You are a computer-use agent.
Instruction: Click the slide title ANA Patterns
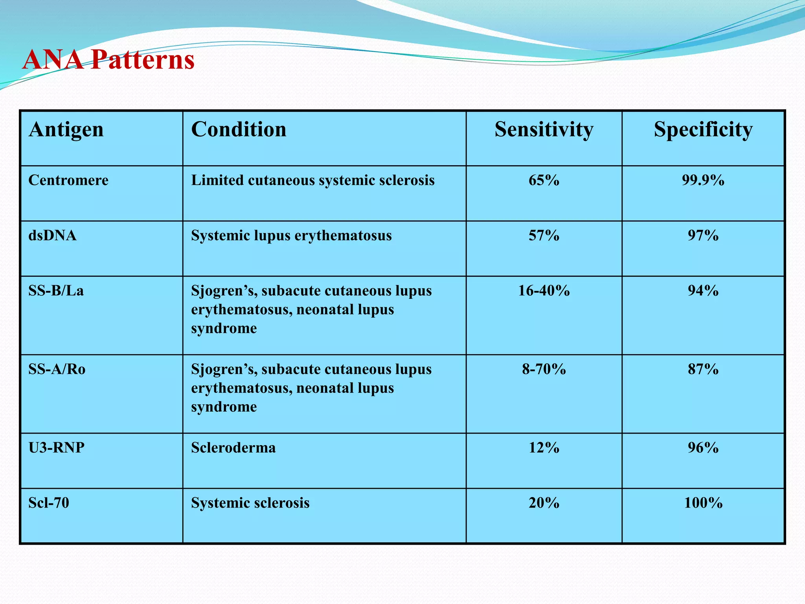[108, 60]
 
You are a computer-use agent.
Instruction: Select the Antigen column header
[66, 129]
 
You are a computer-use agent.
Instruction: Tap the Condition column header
[239, 129]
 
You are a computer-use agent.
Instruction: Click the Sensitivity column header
[544, 129]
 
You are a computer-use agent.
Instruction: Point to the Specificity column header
[703, 129]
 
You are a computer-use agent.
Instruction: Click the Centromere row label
[68, 180]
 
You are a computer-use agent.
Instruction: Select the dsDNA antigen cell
[52, 235]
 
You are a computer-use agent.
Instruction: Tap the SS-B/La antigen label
[56, 291]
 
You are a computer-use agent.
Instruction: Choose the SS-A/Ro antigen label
[57, 369]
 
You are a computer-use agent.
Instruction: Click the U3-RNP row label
[56, 447]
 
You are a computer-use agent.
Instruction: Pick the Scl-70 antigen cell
[49, 503]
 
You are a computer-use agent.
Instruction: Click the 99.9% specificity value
[703, 180]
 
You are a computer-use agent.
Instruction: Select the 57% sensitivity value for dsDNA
[544, 235]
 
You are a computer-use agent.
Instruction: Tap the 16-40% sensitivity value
[544, 291]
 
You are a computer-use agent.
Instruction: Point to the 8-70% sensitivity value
[544, 369]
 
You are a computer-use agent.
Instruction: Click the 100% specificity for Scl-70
[703, 503]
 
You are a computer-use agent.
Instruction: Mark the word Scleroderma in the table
[233, 447]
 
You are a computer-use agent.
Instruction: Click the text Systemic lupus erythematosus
[291, 235]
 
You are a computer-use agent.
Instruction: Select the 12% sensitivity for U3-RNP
[544, 447]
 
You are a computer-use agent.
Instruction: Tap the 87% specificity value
[703, 369]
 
